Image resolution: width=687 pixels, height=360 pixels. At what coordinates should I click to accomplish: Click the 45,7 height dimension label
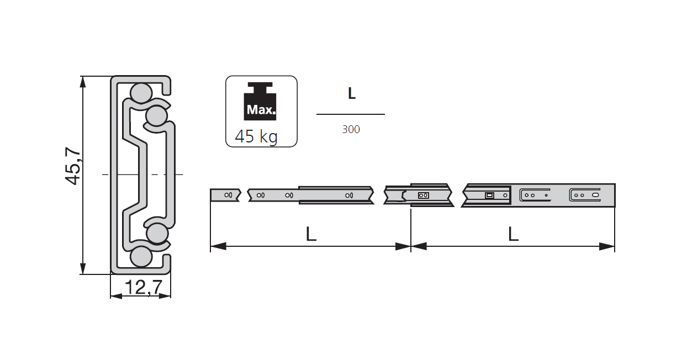[73, 167]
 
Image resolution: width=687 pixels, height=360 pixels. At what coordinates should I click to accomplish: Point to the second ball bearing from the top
[156, 116]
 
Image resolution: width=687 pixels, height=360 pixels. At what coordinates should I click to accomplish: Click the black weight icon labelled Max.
[261, 103]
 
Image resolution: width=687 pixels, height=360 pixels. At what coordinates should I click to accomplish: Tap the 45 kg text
[256, 136]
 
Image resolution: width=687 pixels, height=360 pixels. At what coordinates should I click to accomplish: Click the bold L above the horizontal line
[351, 94]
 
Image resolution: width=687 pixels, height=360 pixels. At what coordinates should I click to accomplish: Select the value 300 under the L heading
[351, 129]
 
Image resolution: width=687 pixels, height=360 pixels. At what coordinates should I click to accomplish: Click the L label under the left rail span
[311, 234]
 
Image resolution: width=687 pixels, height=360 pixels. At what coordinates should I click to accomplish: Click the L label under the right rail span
[513, 234]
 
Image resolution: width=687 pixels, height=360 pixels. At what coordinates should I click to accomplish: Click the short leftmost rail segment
[225, 195]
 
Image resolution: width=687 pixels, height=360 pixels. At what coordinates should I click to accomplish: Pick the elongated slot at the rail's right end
[595, 195]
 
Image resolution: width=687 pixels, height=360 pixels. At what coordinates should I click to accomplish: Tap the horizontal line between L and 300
[350, 114]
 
